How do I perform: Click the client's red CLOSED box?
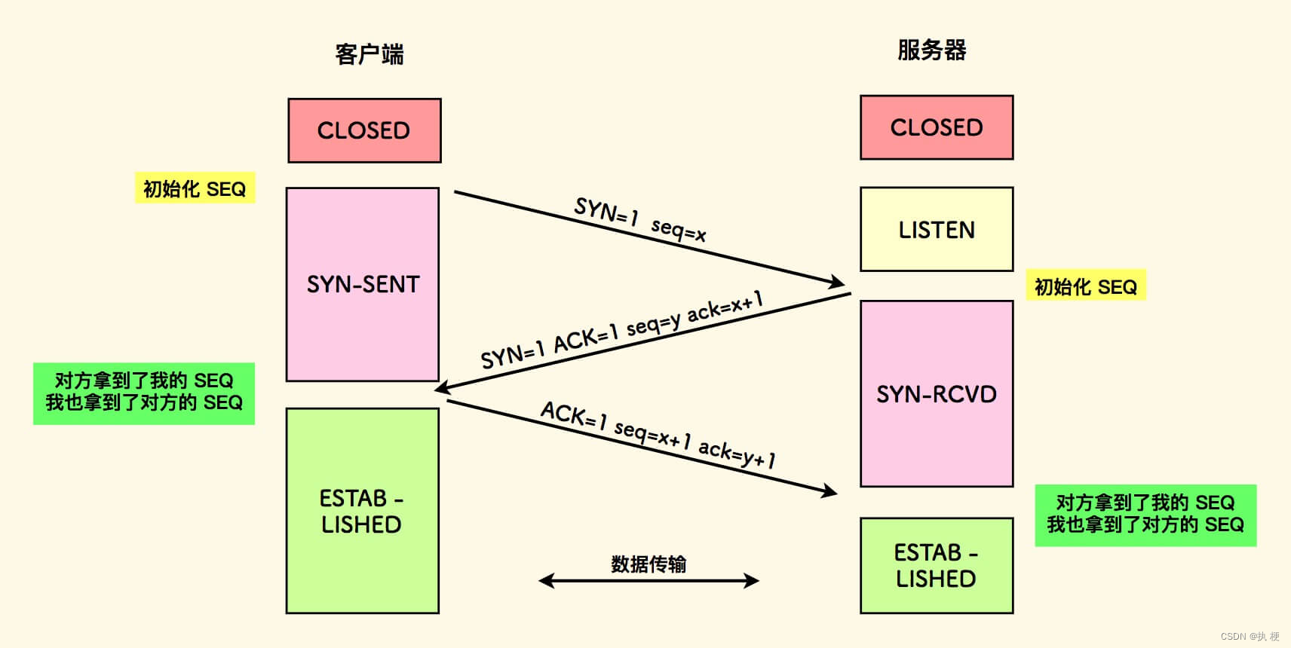tap(364, 130)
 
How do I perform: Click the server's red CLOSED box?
tap(937, 127)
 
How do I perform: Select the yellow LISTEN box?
tap(937, 229)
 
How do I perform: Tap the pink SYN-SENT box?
tap(363, 284)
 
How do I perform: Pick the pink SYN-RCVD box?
tap(937, 393)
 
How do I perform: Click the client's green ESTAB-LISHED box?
tap(362, 511)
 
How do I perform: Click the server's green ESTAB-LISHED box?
tap(937, 565)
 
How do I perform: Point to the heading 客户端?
tap(370, 54)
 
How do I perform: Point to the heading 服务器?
tap(932, 50)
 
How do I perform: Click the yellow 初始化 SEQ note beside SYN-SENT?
tap(195, 188)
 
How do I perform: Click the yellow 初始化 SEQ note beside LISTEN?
tap(1085, 286)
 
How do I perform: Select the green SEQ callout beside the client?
tap(144, 392)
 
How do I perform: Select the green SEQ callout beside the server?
tap(1145, 514)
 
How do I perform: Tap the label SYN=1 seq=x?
tap(639, 219)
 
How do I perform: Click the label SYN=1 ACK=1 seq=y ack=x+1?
tap(622, 329)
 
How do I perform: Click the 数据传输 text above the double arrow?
tap(649, 564)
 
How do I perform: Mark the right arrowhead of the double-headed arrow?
tap(752, 580)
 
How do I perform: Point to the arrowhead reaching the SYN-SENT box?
tap(442, 387)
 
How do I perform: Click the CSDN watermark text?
tap(1250, 637)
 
